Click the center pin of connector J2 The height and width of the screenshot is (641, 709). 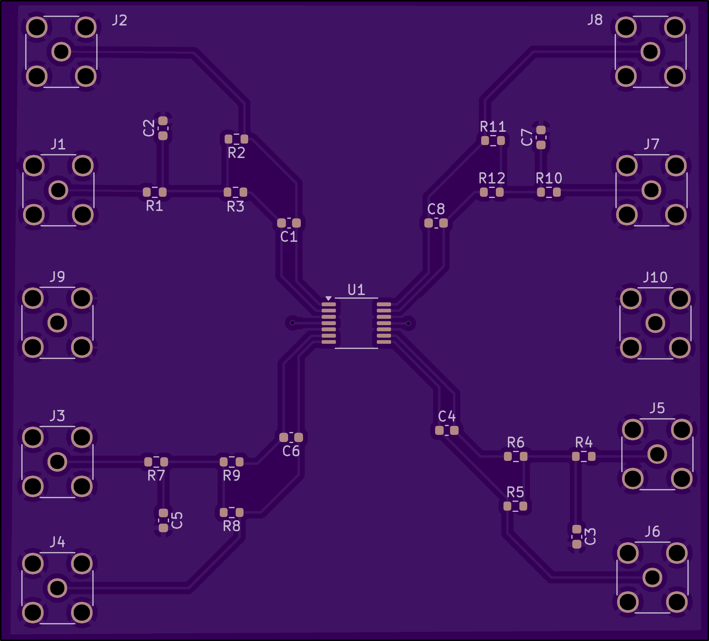(61, 52)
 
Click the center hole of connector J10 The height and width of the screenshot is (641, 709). (655, 323)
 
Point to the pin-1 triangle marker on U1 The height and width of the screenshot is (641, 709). (328, 298)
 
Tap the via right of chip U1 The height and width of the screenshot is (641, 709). (408, 323)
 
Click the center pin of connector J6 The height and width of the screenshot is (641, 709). (652, 577)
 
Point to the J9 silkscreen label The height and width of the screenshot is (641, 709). (57, 277)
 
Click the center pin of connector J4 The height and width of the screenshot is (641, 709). (57, 588)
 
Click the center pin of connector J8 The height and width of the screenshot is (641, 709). (650, 52)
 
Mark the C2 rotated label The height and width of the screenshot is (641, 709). (149, 128)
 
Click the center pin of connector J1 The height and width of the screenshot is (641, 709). (58, 190)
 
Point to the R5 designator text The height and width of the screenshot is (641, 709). (515, 492)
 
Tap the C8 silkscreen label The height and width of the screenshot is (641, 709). (436, 209)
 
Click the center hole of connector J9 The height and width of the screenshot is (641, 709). (57, 323)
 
